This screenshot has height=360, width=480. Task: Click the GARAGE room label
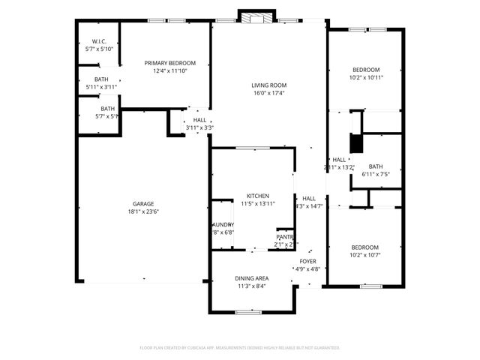(x=143, y=204)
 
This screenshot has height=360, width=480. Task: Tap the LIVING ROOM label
(x=268, y=85)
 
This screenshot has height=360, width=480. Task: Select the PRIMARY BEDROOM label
(x=170, y=63)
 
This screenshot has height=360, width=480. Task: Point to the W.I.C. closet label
(x=99, y=41)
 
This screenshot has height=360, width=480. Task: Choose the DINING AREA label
(x=253, y=278)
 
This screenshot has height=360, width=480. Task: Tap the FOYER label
(x=307, y=261)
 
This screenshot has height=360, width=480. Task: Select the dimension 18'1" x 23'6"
(x=143, y=212)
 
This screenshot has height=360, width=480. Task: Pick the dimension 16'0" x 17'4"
(x=268, y=94)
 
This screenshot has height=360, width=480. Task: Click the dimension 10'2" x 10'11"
(x=366, y=77)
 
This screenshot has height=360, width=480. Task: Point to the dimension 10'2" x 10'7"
(x=365, y=255)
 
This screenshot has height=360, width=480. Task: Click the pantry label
(x=285, y=237)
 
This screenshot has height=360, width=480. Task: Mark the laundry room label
(x=223, y=225)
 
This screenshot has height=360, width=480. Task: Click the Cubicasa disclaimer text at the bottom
(x=240, y=348)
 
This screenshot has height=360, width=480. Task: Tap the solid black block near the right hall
(x=356, y=143)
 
